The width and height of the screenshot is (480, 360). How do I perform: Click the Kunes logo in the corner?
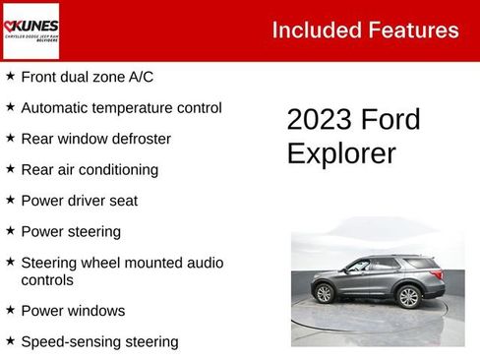(30, 30)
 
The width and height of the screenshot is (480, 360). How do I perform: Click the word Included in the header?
(312, 30)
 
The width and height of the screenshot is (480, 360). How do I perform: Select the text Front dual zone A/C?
(87, 76)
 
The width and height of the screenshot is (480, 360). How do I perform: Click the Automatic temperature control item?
(121, 107)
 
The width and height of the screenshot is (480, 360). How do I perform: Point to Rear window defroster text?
(95, 139)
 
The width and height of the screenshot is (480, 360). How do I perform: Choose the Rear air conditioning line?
(90, 169)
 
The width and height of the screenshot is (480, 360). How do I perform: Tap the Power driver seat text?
(79, 201)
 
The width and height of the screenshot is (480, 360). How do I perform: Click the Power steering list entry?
(71, 232)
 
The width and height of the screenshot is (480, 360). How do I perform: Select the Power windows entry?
(73, 311)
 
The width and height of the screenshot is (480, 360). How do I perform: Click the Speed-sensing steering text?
(99, 342)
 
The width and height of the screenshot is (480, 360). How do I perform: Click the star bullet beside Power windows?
(10, 310)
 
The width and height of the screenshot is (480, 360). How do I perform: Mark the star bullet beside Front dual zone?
(10, 76)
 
